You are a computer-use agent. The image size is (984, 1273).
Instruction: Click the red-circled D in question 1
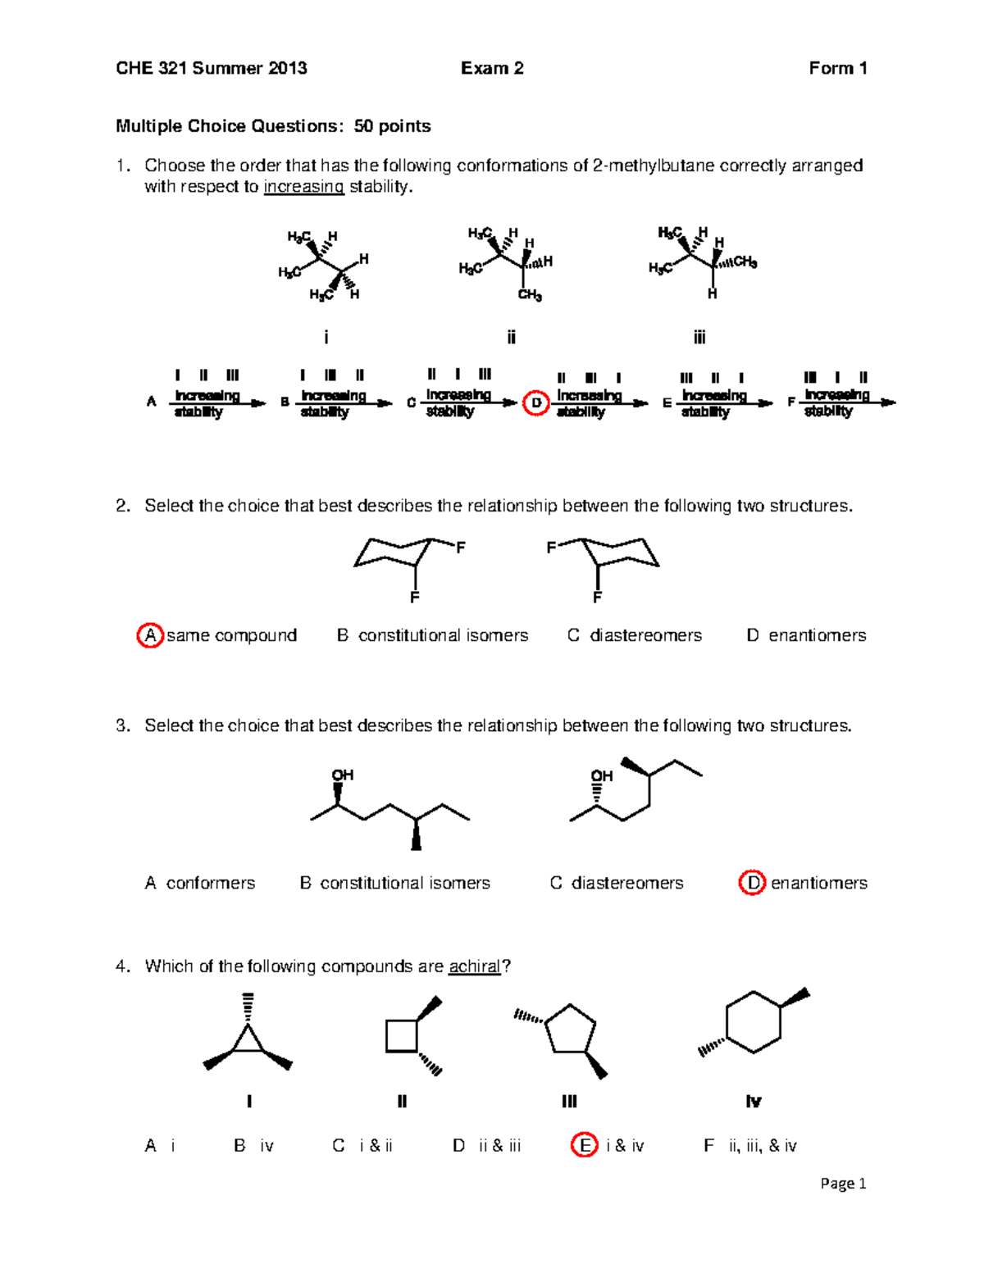[536, 402]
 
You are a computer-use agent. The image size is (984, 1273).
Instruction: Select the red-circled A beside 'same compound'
[149, 635]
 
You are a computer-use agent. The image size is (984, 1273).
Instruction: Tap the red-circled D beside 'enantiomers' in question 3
[752, 883]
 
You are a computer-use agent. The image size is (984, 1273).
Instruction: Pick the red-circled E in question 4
[584, 1145]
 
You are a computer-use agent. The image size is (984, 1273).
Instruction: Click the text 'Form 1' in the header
[837, 68]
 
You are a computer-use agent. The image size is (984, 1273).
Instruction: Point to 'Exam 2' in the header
[492, 68]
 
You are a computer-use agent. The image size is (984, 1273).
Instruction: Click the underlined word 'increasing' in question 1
[303, 187]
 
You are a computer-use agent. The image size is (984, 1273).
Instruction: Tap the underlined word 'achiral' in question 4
[474, 966]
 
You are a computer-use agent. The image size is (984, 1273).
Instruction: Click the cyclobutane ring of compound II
[402, 1035]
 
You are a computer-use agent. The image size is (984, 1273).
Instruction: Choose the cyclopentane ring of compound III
[571, 1029]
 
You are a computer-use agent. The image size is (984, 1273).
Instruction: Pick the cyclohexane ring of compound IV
[753, 1022]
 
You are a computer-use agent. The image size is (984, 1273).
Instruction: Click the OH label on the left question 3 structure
[342, 775]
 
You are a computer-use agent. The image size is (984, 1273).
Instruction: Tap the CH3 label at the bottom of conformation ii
[530, 296]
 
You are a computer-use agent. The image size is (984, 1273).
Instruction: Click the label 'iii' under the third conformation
[699, 337]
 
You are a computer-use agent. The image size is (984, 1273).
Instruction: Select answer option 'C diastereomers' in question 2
[635, 635]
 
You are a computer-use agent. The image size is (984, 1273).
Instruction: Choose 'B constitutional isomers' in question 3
[394, 883]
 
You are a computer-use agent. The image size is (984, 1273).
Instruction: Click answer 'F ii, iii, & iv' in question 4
[749, 1146]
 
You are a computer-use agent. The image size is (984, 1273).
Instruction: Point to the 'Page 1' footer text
[843, 1184]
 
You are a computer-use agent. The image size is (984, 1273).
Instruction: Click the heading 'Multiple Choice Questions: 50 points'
[273, 126]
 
